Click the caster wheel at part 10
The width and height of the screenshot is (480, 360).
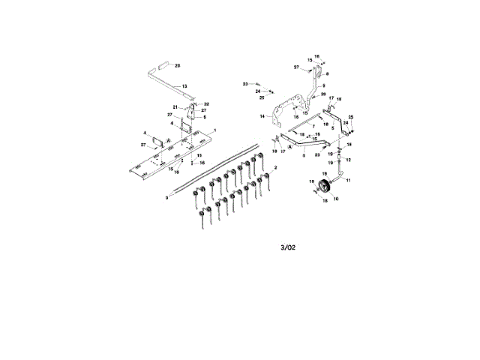pos(325,187)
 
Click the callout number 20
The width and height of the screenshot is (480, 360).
pos(178,66)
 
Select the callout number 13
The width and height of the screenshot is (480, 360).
pos(184,86)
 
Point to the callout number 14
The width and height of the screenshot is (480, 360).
pos(262,117)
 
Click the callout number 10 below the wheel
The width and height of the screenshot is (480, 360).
pos(335,199)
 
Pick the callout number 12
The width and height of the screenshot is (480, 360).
pos(348,160)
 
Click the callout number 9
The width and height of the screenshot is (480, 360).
pos(324,86)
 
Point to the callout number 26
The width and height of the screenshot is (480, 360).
pos(323,95)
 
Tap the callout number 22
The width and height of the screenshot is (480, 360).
pos(206,103)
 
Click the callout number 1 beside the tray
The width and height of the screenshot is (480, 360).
pos(214,130)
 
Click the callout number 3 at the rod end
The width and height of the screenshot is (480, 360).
pos(167,196)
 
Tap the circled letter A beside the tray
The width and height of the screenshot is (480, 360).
pos(169,141)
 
